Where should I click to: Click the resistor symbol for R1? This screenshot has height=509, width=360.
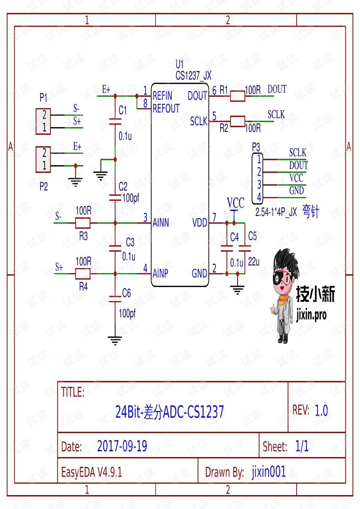pos(237,96)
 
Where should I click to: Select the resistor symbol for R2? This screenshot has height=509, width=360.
pos(237,121)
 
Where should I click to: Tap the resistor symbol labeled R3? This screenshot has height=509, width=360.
pos(82,223)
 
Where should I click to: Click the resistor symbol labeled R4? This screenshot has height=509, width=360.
pos(82,274)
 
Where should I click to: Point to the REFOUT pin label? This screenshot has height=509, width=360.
pos(166,109)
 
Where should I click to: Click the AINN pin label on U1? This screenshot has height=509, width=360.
pos(161,223)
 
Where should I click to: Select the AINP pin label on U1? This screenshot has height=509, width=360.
pos(160,273)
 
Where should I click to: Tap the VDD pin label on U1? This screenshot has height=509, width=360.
pos(199,223)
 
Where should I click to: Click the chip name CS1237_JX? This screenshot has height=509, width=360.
pos(193,76)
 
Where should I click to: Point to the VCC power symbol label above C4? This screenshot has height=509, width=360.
pos(235,203)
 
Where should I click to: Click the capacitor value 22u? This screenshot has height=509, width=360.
pos(254,262)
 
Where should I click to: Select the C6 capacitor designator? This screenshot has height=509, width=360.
pos(126,293)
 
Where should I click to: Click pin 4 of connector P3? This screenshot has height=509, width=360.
pos(259,197)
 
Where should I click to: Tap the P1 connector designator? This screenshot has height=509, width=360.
pos(43,98)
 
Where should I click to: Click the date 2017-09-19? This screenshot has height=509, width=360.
pos(122,446)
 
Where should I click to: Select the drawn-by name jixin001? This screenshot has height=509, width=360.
pos(268,471)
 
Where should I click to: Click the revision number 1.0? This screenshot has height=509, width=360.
pos(321,410)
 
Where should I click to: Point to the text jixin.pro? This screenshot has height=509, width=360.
pos(311,314)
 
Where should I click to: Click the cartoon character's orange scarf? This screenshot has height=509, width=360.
pos(283,299)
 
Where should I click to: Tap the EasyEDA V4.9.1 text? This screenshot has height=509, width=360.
pos(91,472)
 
